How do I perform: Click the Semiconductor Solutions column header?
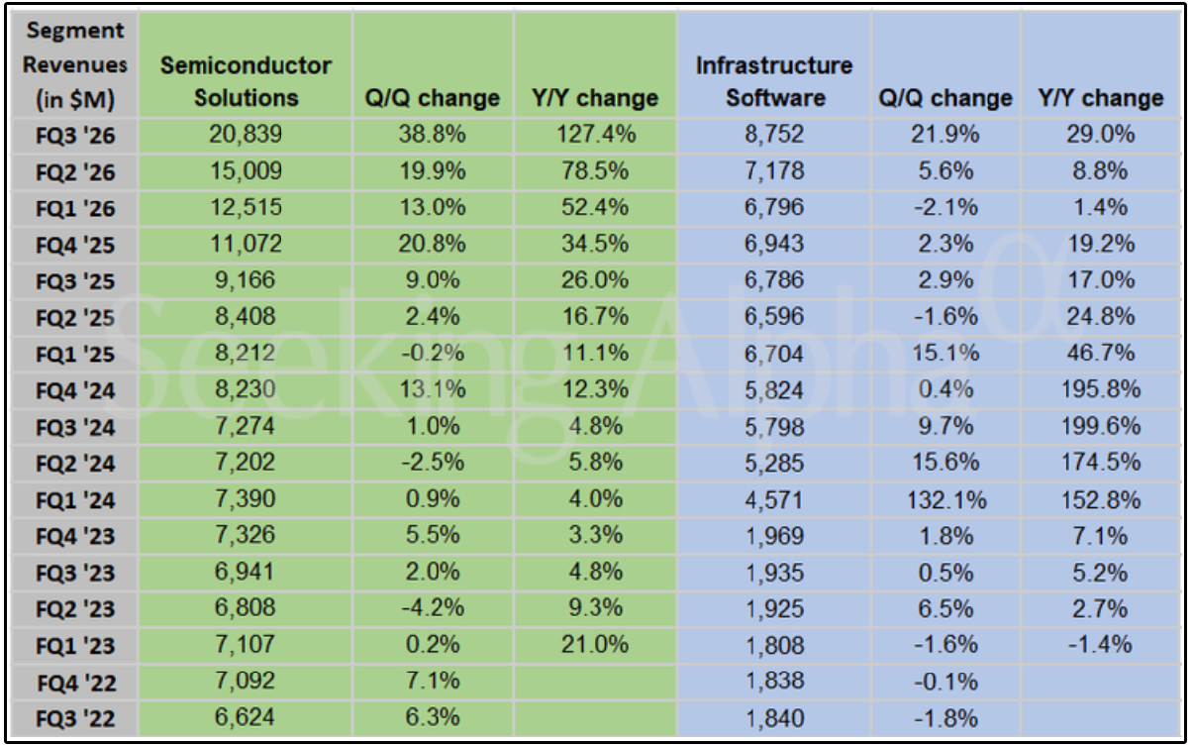click(246, 81)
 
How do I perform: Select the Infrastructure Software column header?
click(774, 81)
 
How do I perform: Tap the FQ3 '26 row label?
click(75, 136)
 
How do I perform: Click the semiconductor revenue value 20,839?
click(246, 134)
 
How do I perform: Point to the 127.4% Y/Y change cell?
click(596, 134)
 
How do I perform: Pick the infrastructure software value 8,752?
click(774, 134)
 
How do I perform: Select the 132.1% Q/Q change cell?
click(946, 500)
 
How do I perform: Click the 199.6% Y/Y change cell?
click(1101, 426)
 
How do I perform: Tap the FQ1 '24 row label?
click(75, 500)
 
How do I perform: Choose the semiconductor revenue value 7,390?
click(246, 499)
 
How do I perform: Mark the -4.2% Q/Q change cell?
click(433, 608)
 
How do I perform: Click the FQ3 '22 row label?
click(75, 719)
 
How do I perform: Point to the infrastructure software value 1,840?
click(774, 719)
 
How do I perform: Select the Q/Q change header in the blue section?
click(945, 98)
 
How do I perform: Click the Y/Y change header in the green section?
click(595, 98)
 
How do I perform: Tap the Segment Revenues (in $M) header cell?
click(75, 65)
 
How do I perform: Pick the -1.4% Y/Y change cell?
click(1100, 645)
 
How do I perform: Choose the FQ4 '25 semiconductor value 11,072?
click(246, 244)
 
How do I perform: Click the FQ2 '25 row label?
click(75, 318)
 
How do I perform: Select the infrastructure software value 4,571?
click(774, 500)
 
